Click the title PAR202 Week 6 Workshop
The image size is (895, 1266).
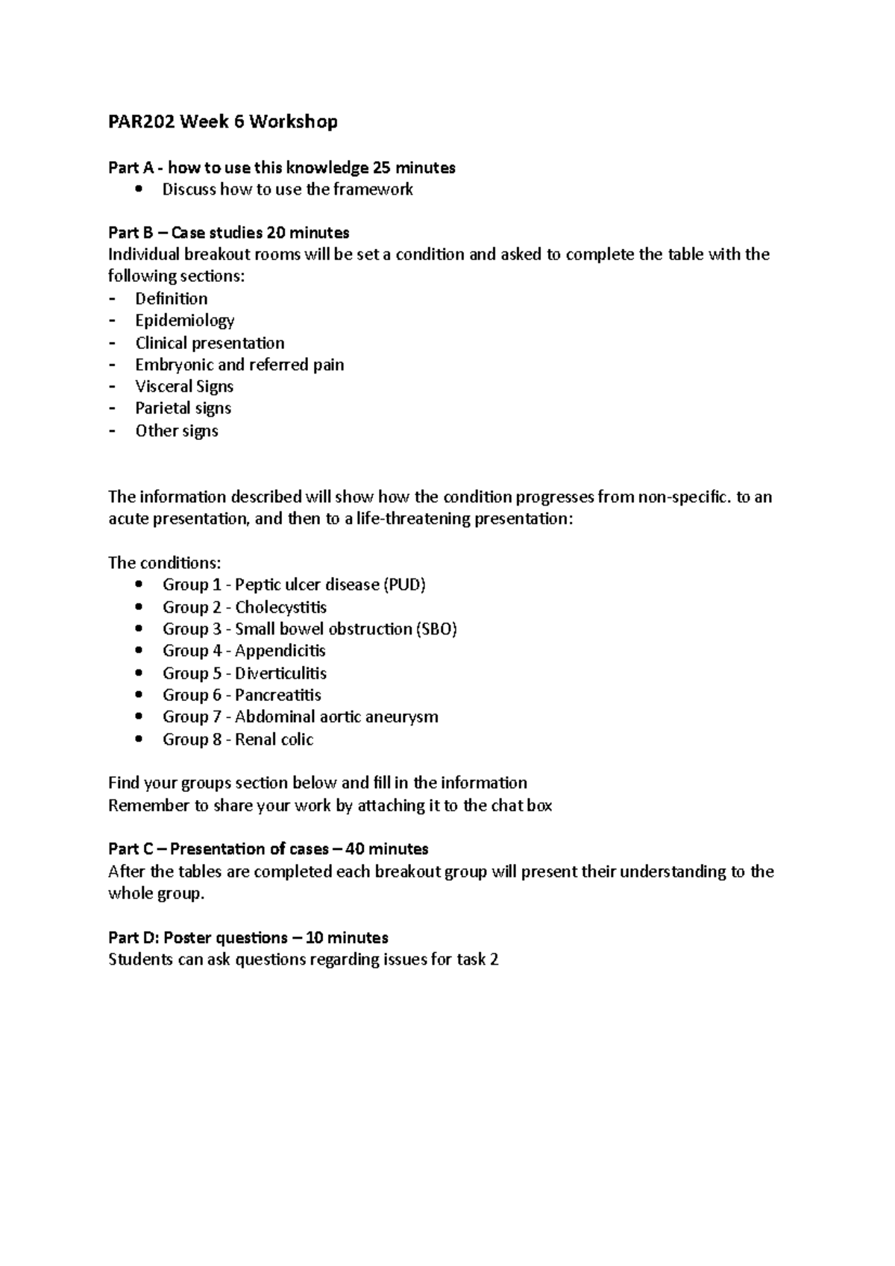(222, 122)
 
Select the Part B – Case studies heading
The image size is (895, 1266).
(228, 233)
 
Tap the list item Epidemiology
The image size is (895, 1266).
(184, 321)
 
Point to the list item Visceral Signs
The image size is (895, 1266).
(184, 386)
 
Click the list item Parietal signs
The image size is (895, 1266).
(183, 408)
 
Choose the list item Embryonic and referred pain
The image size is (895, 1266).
(239, 365)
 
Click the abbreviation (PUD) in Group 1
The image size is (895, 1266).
(403, 585)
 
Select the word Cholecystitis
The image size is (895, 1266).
(280, 607)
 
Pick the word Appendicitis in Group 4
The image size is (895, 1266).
(280, 650)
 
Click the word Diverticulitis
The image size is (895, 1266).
(280, 673)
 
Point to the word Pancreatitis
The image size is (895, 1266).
(277, 695)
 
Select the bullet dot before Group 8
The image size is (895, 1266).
(139, 739)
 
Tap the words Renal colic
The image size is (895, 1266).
(274, 739)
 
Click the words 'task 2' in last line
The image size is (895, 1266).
(477, 960)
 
